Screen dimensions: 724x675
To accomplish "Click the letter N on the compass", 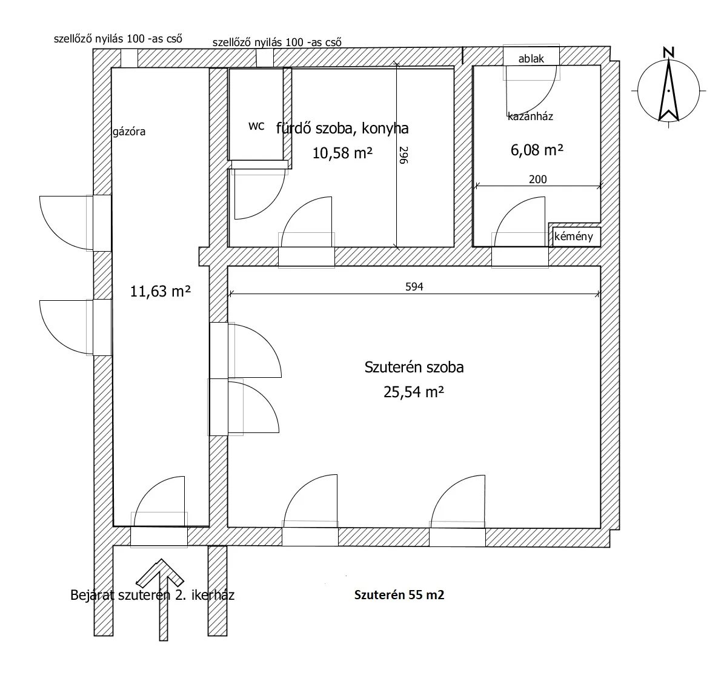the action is coord(668,52).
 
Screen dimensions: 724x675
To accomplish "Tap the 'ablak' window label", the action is coord(531,59).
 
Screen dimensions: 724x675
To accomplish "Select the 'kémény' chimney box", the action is coord(574,237).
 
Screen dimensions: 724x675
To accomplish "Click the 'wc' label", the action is coord(256,126).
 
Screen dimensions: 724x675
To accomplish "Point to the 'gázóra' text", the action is coord(129,132).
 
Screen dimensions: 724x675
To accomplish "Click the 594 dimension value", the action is coord(414,287).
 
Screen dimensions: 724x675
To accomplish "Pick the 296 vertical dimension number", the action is coord(403,155).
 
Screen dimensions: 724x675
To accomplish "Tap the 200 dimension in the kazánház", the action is coord(537,180).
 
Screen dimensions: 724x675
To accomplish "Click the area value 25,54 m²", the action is coord(414,392).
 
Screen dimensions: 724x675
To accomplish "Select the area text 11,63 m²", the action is coord(160,291).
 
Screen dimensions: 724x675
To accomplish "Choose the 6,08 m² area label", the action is coord(537,150).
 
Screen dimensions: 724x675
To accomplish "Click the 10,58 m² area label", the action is coord(342,153).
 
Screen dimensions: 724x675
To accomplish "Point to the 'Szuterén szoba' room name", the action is coord(414,367).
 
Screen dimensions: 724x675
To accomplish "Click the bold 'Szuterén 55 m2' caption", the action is coord(399,594).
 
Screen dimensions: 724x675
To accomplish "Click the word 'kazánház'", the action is coord(530,116).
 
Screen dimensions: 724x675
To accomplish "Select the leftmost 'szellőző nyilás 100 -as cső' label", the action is coord(118,38).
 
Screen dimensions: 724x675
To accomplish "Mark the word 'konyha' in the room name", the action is coord(385,128).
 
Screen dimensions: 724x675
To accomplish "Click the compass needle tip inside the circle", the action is coord(669,61).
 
